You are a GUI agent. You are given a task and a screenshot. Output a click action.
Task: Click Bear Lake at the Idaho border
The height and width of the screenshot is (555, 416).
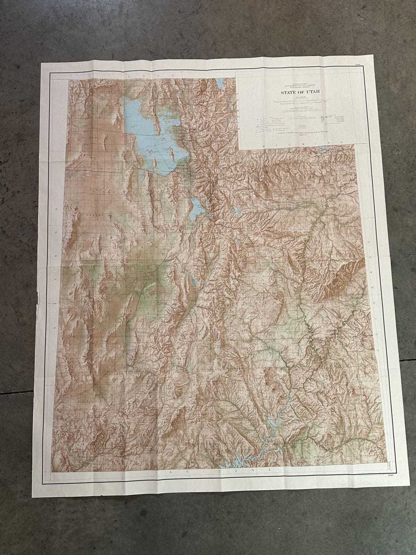[x=218, y=83]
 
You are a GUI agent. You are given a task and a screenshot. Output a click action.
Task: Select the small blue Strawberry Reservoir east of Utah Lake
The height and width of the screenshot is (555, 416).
[x=235, y=210]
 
